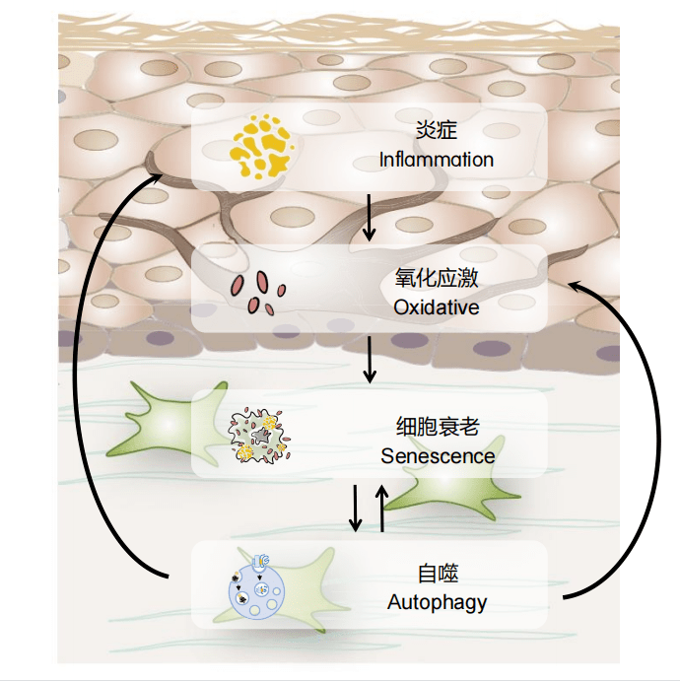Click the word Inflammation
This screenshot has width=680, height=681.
(x=436, y=160)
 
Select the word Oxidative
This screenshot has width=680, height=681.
(x=436, y=307)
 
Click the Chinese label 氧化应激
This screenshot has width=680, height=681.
(x=437, y=279)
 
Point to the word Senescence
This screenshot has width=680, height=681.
(x=438, y=456)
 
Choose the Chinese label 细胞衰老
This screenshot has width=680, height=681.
(x=438, y=428)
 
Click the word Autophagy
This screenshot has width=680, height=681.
(x=437, y=601)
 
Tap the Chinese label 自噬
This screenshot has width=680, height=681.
(x=438, y=574)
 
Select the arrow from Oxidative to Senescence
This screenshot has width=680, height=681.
(x=370, y=361)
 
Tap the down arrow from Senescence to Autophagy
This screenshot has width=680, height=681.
(x=355, y=507)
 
